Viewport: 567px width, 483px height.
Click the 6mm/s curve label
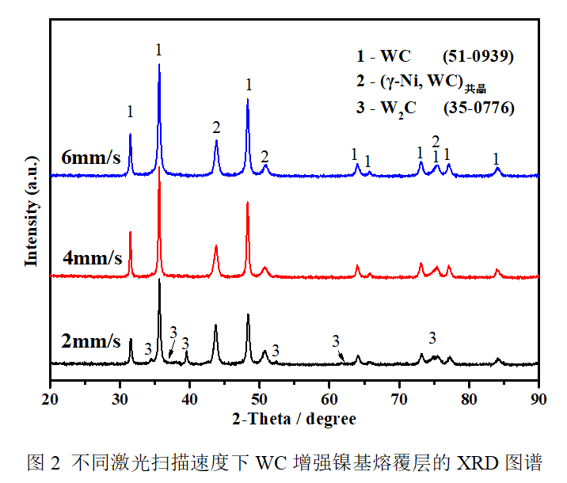tap(91, 157)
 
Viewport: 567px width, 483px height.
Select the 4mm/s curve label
tap(91, 258)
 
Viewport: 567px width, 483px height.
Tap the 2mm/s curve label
tap(91, 342)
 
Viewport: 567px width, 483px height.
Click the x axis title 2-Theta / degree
tap(294, 417)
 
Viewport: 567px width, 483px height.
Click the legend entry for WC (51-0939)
tap(435, 56)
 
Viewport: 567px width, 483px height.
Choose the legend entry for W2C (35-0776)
tap(435, 107)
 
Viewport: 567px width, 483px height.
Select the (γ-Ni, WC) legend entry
tap(420, 82)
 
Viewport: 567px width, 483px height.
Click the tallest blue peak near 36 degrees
tap(159, 66)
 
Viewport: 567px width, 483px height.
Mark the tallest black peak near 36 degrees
tap(159, 280)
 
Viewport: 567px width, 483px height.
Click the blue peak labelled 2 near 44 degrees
tap(216, 142)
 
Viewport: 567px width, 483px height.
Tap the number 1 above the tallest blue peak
tap(159, 50)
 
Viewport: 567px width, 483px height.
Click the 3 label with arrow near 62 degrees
tap(337, 341)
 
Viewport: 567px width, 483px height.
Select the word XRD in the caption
tap(470, 462)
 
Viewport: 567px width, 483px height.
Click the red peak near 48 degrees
tap(248, 203)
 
